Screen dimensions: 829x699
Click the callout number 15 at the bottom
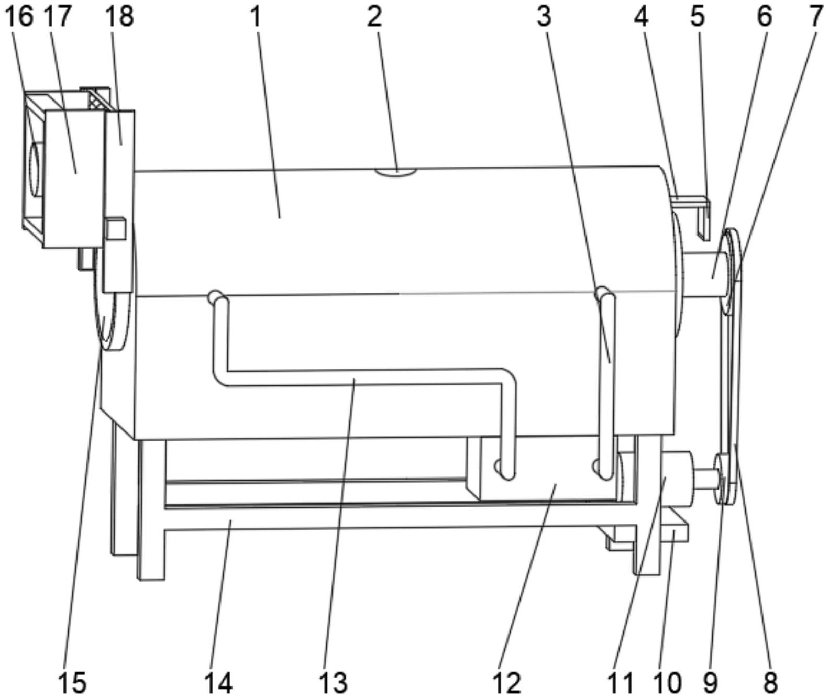72,682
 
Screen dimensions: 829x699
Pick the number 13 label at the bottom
333,682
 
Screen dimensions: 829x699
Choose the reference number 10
668,682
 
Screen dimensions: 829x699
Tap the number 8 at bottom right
770,682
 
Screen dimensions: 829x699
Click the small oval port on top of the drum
396,171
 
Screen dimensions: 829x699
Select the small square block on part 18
116,229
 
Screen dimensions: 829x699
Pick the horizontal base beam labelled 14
367,518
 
